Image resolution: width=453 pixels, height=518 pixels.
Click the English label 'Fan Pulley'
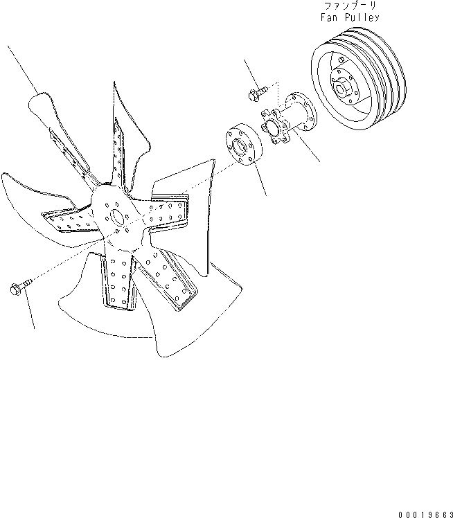pos(350,17)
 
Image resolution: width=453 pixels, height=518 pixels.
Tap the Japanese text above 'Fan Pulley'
pos(350,6)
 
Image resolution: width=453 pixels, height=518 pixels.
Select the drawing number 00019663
pos(425,515)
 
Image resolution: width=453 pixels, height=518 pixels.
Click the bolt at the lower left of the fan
pos(21,287)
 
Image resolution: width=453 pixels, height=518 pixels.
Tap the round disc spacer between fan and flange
pos(244,144)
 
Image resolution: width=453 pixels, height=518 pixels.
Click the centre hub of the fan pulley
pos(344,86)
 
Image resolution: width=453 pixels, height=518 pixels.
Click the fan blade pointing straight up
pos(127,139)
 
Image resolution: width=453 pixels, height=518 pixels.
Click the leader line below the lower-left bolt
pos(29,309)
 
